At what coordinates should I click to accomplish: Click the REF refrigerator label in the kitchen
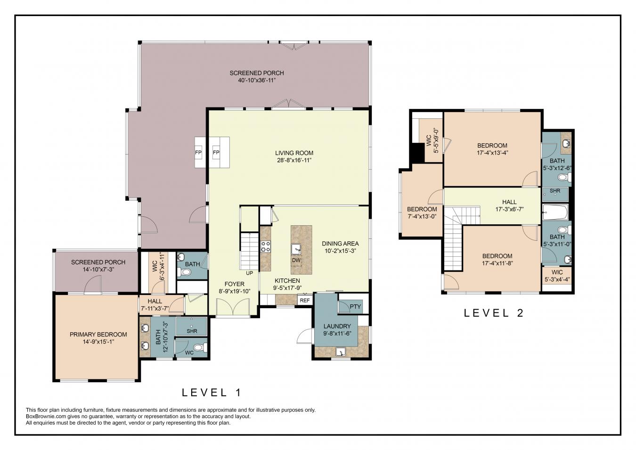pos(304,300)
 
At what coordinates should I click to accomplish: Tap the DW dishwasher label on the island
pos(296,260)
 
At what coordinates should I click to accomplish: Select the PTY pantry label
pos(355,307)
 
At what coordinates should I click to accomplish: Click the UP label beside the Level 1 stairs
pos(250,273)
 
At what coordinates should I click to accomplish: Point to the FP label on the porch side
pos(198,153)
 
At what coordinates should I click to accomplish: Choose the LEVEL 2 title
pos(494,312)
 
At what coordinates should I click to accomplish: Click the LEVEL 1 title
pos(212,392)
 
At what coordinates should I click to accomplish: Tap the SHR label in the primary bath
pos(192,331)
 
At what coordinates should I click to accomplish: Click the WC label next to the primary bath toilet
pos(189,352)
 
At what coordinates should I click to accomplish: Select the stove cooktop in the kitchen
pos(266,246)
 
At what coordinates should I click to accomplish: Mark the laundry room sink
pos(340,352)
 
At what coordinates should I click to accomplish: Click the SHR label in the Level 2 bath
pos(555,191)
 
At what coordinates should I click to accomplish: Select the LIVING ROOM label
pos(294,153)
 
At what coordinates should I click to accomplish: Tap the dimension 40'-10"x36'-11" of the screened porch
pos(257,80)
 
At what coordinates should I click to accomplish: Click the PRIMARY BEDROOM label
pos(98,335)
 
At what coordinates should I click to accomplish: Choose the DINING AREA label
pos(340,244)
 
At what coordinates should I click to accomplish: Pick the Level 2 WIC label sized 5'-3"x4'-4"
pos(557,272)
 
